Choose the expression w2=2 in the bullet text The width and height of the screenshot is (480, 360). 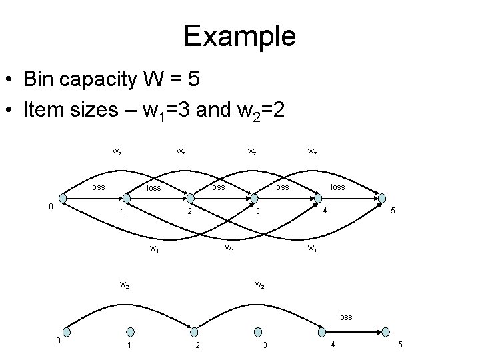pyautogui.click(x=257, y=109)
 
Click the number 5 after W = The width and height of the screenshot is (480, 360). pyautogui.click(x=192, y=81)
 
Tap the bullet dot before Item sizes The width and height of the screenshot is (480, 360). pyautogui.click(x=11, y=110)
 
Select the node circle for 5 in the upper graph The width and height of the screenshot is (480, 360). pyautogui.click(x=381, y=198)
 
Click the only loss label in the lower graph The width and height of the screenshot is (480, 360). pyautogui.click(x=345, y=317)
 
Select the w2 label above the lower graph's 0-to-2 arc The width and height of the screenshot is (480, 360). pyautogui.click(x=124, y=285)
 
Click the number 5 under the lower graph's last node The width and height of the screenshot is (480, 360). pyautogui.click(x=399, y=345)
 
